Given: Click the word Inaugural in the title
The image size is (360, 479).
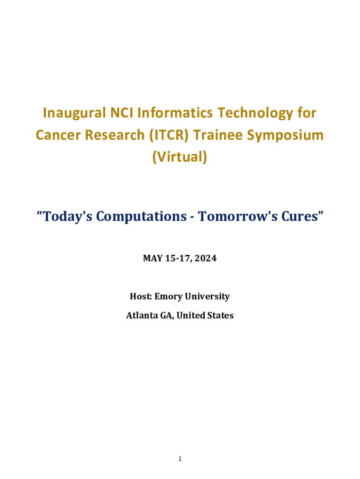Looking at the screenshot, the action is [74, 113].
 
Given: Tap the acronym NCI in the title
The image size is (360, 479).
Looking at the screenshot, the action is [122, 113].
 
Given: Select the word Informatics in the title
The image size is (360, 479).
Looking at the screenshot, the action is [175, 113].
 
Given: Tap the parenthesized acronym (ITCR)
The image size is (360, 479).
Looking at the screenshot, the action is [169, 135].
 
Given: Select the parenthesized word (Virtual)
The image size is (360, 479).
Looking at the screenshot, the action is [180, 157].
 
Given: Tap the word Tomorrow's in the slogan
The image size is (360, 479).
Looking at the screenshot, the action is [238, 216].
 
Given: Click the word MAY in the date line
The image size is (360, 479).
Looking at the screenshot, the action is [153, 258].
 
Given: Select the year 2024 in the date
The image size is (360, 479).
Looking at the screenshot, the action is [206, 258].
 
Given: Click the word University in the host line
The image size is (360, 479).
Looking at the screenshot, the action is [207, 297].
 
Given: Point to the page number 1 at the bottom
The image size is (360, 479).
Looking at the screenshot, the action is [180, 458].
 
